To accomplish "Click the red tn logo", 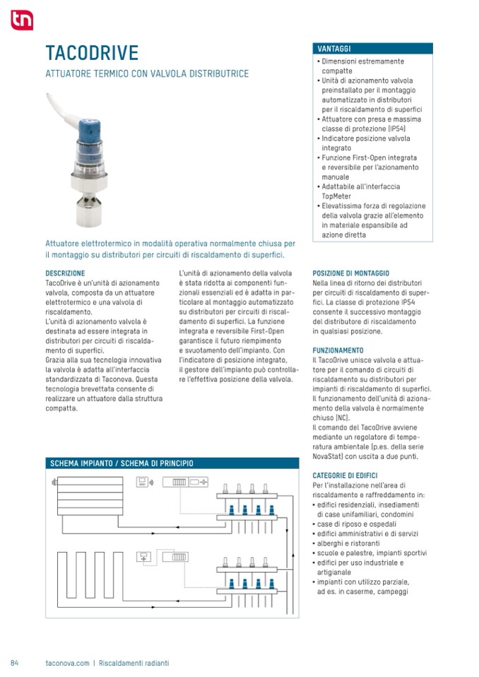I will click(x=22, y=20).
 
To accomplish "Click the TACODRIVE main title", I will click(x=92, y=54).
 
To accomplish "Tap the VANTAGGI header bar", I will click(x=372, y=49).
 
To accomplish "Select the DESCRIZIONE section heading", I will click(x=65, y=272).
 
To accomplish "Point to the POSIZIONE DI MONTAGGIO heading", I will click(x=350, y=272).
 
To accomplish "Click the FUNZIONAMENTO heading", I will click(x=338, y=350).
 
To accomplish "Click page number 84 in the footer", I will click(x=14, y=663).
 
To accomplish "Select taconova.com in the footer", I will click(x=67, y=663).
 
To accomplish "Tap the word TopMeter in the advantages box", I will click(x=336, y=196).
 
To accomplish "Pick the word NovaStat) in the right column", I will click(x=331, y=456).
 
